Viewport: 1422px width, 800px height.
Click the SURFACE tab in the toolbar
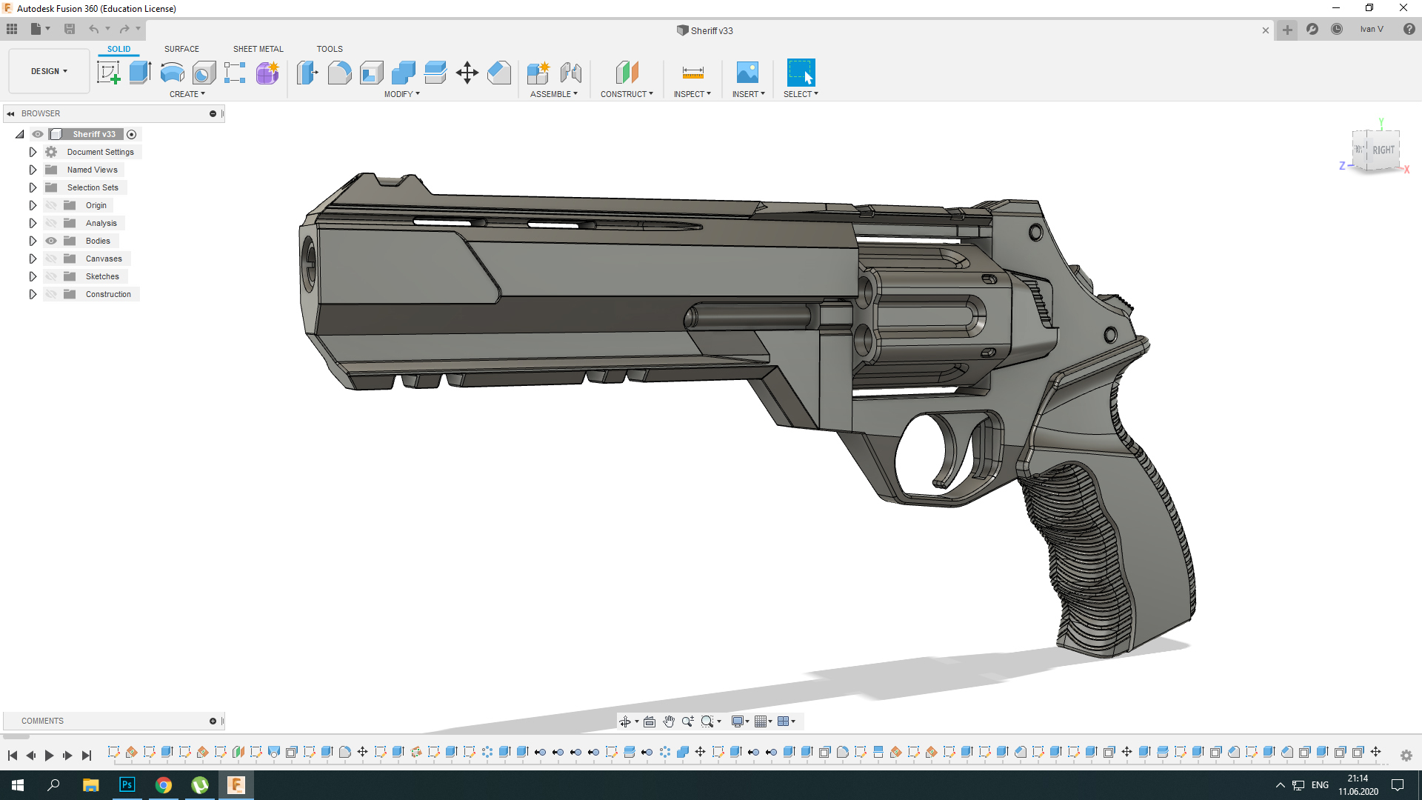[181, 49]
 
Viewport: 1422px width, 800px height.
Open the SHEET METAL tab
[258, 49]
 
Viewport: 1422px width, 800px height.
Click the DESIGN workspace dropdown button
[49, 71]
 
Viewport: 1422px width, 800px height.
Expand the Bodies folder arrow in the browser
[33, 241]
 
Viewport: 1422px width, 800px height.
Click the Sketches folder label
[102, 276]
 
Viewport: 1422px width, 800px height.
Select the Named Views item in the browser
[92, 170]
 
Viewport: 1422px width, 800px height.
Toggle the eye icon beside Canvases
[51, 259]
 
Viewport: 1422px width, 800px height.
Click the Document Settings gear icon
[51, 152]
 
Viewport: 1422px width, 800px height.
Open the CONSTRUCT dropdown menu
[627, 94]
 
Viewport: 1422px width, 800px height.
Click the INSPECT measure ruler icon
[692, 73]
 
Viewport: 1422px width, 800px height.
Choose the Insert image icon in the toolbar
[747, 73]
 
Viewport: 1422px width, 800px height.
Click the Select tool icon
[801, 73]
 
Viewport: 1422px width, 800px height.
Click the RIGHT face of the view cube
[1383, 150]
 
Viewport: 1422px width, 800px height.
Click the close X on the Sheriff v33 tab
[1266, 30]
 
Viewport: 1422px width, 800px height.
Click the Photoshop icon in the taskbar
[127, 784]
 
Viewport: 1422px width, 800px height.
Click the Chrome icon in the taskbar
[164, 784]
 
